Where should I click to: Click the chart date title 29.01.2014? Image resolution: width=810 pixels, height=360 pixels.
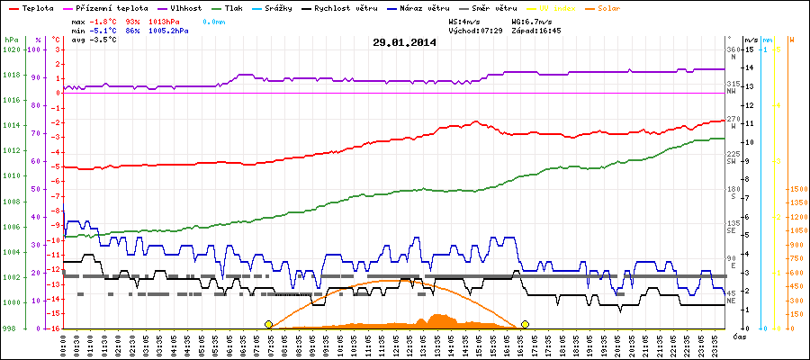pyautogui.click(x=404, y=41)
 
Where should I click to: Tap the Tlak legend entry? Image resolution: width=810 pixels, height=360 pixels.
pyautogui.click(x=238, y=7)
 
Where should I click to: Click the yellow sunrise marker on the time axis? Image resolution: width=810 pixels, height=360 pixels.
pyautogui.click(x=268, y=324)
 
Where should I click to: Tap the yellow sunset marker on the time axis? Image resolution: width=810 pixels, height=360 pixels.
pyautogui.click(x=525, y=324)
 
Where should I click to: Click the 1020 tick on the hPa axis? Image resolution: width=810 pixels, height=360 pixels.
pyautogui.click(x=12, y=49)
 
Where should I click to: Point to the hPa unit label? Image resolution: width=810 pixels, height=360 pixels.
pyautogui.click(x=11, y=40)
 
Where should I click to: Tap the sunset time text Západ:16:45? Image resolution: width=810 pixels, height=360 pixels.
pyautogui.click(x=536, y=30)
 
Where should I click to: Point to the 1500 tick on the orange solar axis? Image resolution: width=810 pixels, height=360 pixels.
pyautogui.click(x=796, y=190)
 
